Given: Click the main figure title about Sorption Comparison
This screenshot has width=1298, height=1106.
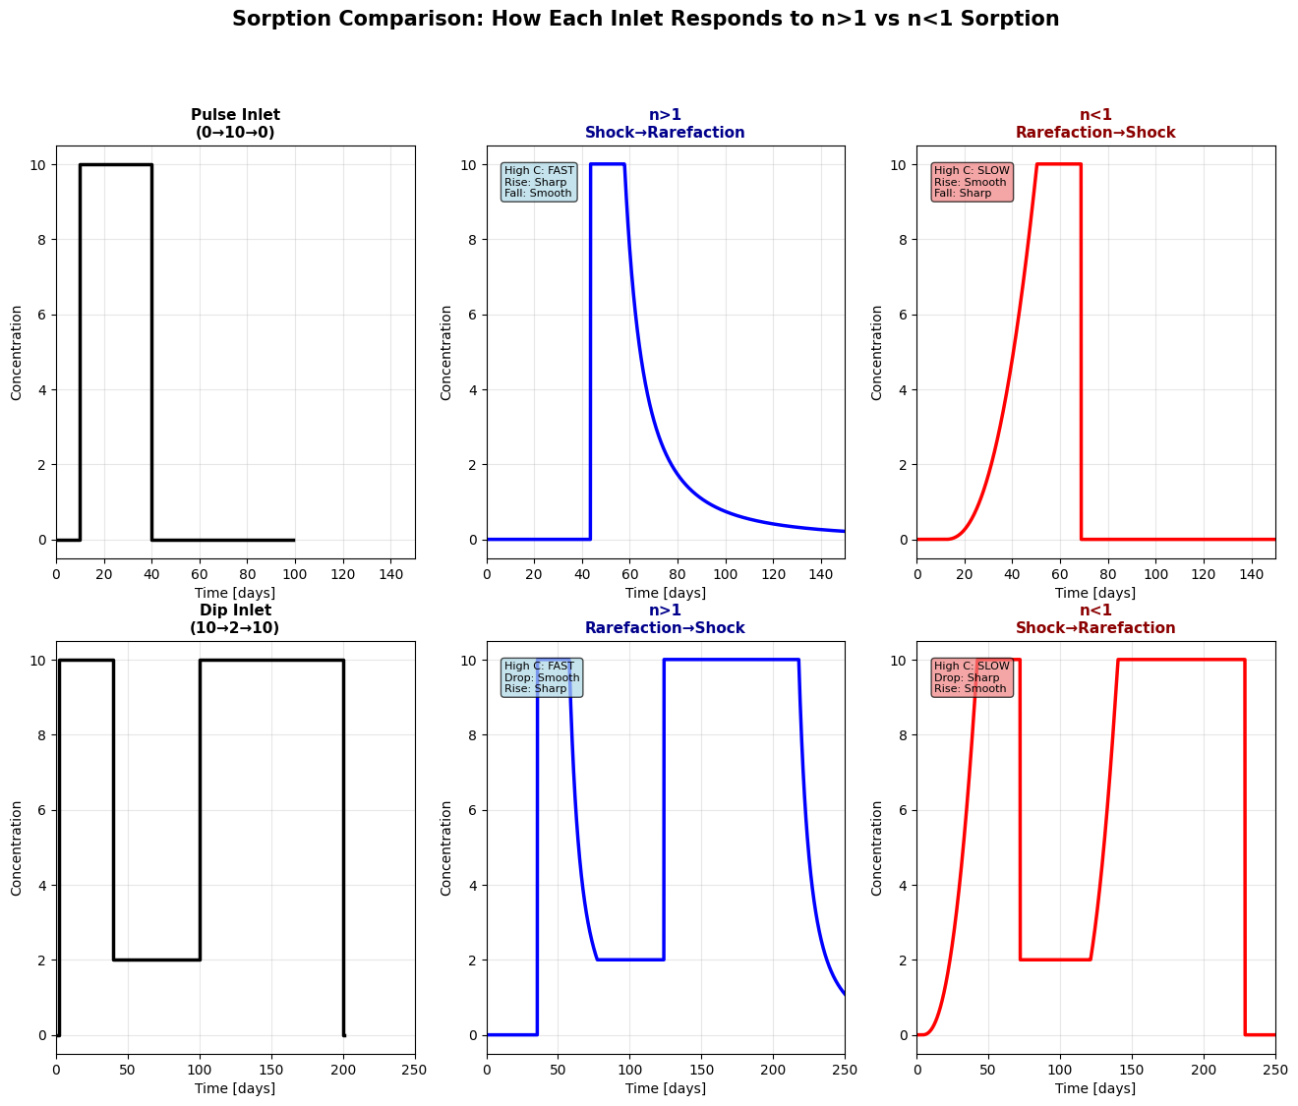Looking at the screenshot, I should coord(645,19).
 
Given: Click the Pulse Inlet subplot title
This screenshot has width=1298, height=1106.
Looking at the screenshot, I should coord(235,124).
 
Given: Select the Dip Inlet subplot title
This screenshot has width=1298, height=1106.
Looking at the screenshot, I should coord(235,619).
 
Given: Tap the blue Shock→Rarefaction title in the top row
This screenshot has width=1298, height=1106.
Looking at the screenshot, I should coord(665,133).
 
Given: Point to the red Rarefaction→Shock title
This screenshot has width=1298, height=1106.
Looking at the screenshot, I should coord(1095,133).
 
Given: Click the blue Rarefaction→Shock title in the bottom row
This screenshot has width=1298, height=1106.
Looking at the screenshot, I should coord(665,628).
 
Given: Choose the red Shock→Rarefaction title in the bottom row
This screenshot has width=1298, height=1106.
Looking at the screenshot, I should coord(1095,628).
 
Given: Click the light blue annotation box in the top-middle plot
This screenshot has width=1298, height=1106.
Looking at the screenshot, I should coord(539,182).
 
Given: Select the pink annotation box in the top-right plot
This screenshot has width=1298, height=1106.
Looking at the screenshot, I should coord(971,182).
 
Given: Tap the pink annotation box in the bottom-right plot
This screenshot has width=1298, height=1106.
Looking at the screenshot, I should coord(971,677).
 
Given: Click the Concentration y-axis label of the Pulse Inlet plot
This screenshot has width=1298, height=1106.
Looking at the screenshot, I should coord(17,352).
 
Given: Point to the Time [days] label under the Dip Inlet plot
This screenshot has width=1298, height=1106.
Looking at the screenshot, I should coord(235,1088).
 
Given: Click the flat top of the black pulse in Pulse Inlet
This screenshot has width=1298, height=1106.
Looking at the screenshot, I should coord(116,164).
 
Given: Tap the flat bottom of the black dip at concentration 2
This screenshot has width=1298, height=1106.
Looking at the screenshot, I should coord(157,960).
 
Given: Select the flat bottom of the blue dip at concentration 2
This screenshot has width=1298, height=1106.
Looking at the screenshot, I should coord(630,960).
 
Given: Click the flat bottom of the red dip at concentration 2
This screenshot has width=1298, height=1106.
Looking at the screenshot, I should coord(1055,960).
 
